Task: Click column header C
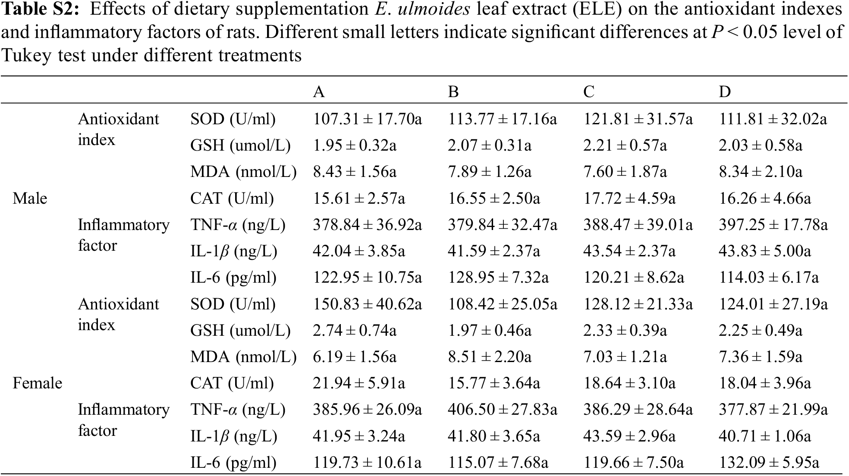point(588,92)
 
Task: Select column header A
point(318,92)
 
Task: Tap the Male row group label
point(30,199)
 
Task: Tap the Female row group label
point(37,383)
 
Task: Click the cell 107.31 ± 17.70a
point(367,119)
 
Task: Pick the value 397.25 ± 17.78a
point(773,225)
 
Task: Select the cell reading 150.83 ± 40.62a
point(367,305)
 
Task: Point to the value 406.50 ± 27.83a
point(502,410)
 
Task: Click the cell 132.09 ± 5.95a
point(768,463)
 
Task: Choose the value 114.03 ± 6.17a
point(768,277)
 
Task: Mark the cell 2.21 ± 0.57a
point(625,145)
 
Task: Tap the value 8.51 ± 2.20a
point(489,357)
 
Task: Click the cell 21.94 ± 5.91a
point(358,383)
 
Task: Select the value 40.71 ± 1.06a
point(764,436)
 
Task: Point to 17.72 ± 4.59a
point(629,199)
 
